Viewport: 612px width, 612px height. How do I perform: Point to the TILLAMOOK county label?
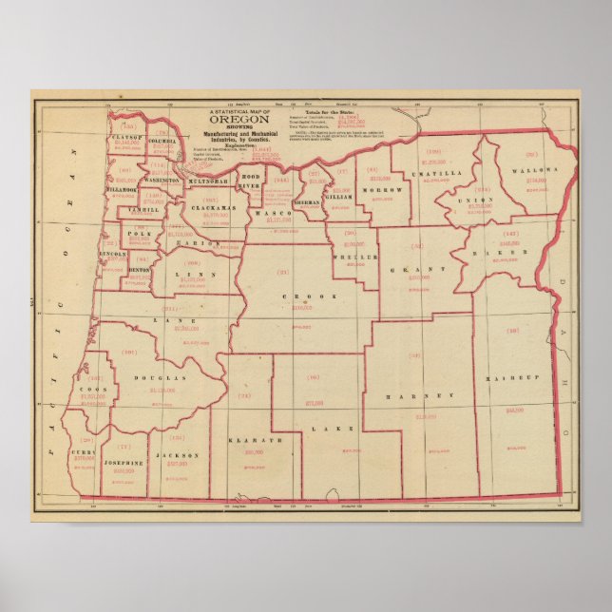[124, 189]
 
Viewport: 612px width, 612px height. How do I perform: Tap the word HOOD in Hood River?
[251, 177]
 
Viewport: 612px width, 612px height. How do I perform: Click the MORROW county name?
[381, 189]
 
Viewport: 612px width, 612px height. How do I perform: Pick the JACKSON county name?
[179, 455]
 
